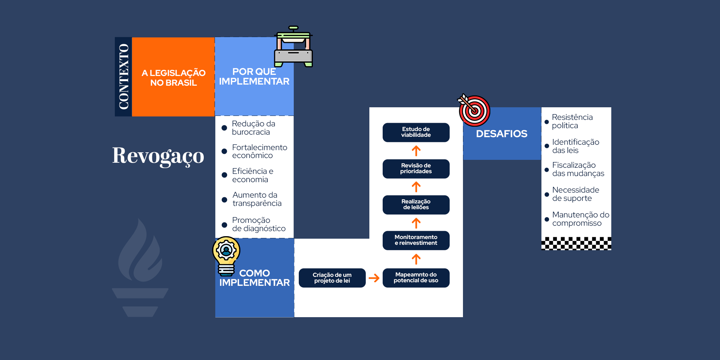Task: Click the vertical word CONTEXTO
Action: (123, 77)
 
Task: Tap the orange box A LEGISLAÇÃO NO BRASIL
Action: (174, 77)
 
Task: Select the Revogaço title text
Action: (158, 156)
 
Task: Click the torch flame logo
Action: (140, 266)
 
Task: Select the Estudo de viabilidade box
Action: (416, 132)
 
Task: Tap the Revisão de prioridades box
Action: (416, 168)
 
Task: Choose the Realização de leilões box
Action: (416, 204)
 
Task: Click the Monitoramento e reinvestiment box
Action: (416, 240)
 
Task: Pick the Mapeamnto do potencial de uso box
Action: (416, 278)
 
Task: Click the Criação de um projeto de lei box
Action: (332, 278)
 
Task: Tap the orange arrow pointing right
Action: (374, 278)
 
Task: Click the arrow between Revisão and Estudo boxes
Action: (416, 151)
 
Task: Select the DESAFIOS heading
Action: (501, 134)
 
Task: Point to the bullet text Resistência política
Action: (572, 121)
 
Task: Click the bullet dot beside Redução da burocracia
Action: (224, 128)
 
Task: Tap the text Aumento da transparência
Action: (257, 199)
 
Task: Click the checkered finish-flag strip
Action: (576, 243)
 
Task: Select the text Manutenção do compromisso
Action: (580, 219)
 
